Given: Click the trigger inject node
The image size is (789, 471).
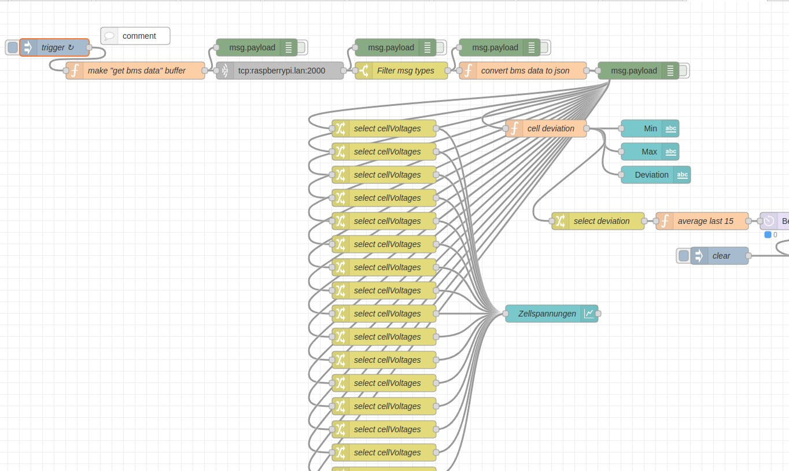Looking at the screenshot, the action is pos(54,47).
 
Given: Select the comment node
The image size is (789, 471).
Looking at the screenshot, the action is pos(135,36).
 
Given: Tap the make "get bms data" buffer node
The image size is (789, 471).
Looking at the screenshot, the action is pos(135,71).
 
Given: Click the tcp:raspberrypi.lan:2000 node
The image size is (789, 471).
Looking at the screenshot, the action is pos(279,71).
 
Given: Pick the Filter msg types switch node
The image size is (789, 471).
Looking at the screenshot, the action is pos(401,71).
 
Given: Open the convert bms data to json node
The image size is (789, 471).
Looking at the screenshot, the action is pos(523,71).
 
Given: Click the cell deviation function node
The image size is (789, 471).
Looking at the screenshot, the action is pos(546,128).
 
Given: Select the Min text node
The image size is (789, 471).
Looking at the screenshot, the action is pos(650,128).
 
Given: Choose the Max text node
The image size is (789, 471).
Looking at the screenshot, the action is pos(650,152).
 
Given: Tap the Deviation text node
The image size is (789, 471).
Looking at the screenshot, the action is pos(655,175).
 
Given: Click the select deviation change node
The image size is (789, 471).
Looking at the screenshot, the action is pos(598,221).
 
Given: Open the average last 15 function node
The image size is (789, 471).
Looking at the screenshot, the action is pos(702,221).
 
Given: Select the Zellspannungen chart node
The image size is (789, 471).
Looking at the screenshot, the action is pos(552,314).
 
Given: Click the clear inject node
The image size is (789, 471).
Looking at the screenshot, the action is pos(719,256).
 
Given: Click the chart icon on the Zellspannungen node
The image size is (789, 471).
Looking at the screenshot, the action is pos(589,314).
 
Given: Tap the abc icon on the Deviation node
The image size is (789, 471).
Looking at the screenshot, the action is pos(682,175).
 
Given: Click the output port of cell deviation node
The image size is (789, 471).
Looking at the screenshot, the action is pos(587,128).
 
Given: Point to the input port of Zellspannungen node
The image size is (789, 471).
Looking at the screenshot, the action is pos(506,314).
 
